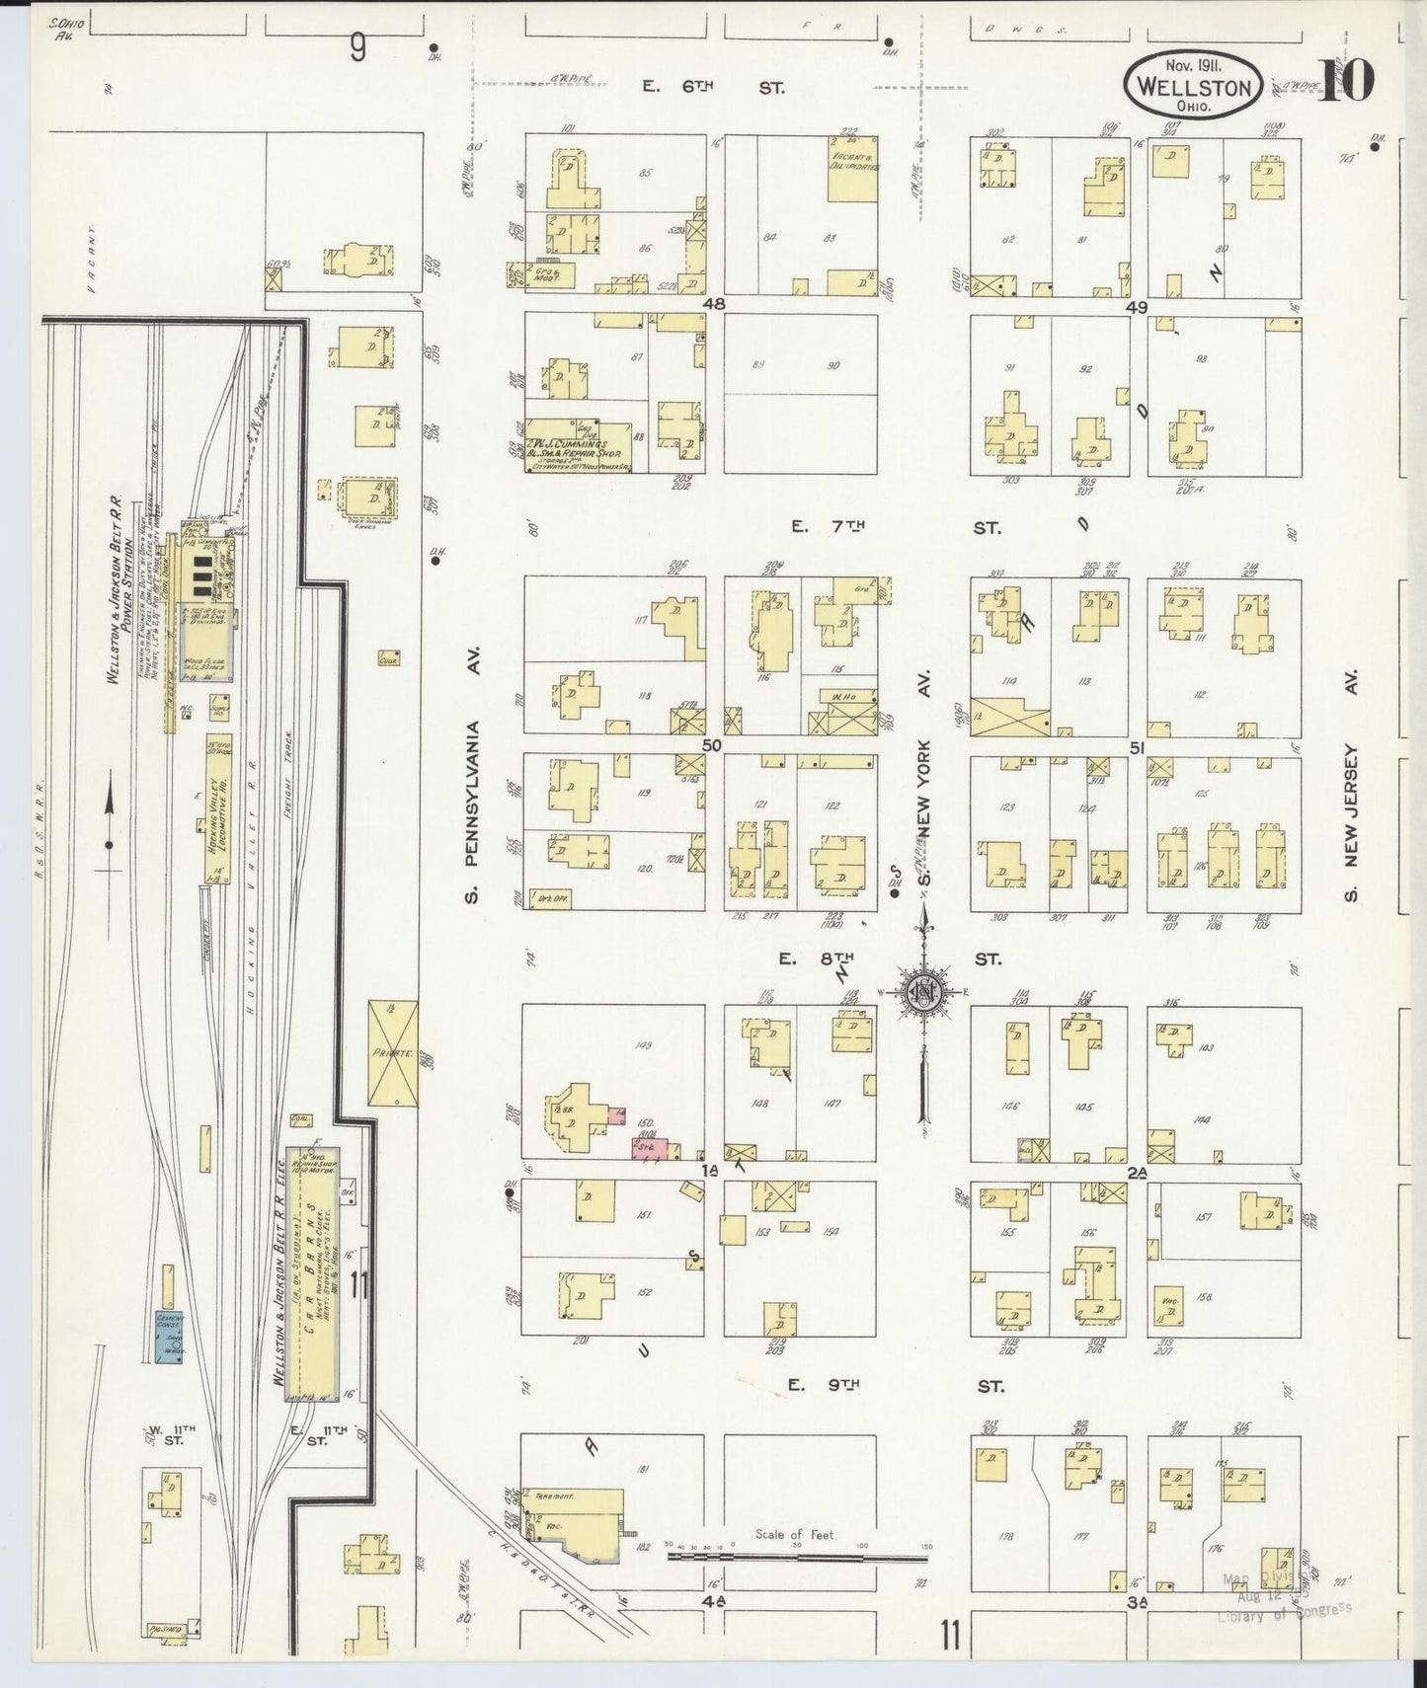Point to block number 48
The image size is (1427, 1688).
[714, 305]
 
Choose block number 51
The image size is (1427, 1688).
[1137, 748]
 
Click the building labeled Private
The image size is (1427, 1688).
[392, 1053]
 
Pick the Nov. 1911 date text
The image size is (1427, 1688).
[1192, 66]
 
